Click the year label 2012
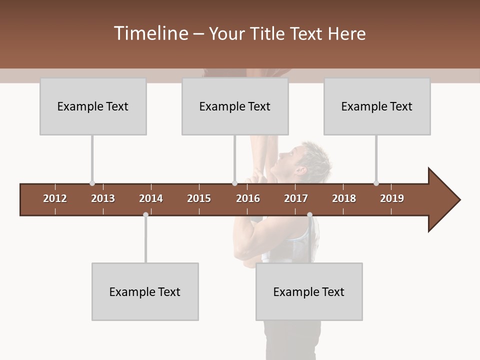coord(55,198)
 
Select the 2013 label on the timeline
coord(103,198)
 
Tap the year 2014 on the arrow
coord(151,198)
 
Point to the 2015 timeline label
coord(199,198)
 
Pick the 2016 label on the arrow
coord(248,198)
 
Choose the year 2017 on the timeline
coord(296,198)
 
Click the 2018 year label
coord(344,198)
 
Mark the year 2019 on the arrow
coord(392,198)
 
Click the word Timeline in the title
coord(150,33)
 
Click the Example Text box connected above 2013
coord(93,106)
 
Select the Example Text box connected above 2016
coord(235,106)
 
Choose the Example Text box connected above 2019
coord(377,106)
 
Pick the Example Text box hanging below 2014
coord(145,291)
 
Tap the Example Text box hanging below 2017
coord(309,291)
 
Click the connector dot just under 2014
coord(145,215)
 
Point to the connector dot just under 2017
coord(309,215)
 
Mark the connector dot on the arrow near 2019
coord(376,183)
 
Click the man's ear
coord(301,170)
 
